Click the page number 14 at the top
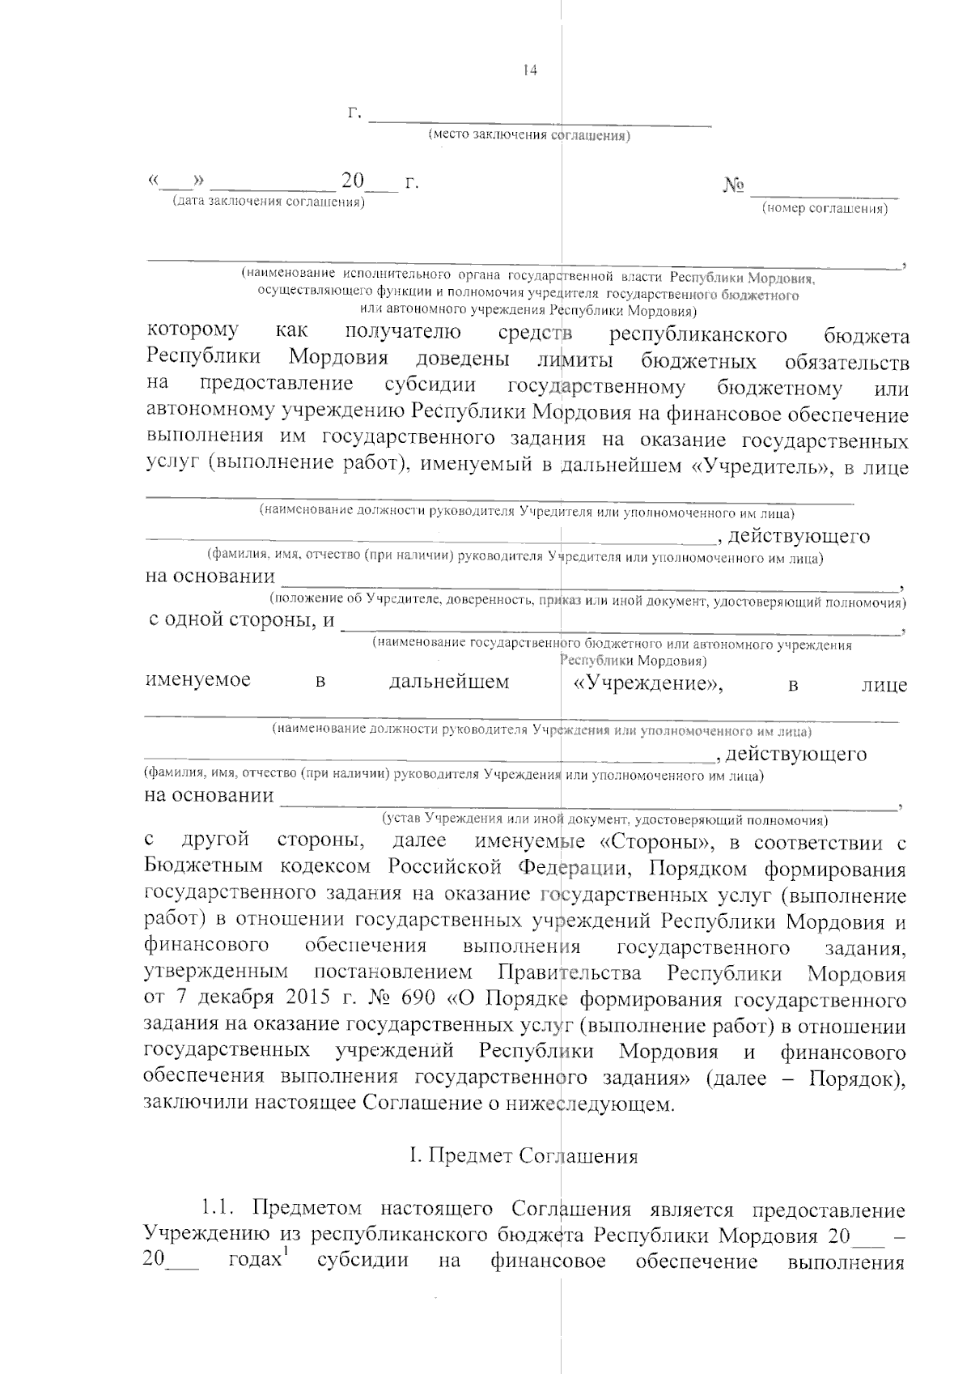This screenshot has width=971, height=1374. coord(530,70)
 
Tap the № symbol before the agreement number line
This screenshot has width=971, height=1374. coord(732,186)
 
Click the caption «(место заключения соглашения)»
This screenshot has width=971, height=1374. coord(529,135)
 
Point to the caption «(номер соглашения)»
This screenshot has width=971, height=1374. coord(825,209)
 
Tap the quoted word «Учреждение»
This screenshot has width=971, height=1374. coord(647,683)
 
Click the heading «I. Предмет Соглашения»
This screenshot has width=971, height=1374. coord(524,1155)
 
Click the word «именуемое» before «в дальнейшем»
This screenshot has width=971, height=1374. coord(197,680)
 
